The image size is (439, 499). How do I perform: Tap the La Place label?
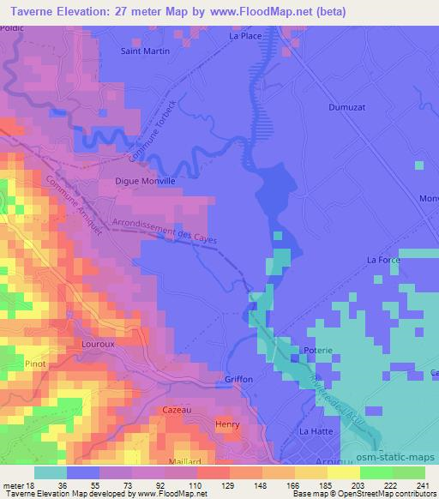point(244,37)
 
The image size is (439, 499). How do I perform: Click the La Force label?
point(383,259)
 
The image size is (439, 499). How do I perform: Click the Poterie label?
point(318,352)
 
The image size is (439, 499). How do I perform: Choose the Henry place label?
point(226,424)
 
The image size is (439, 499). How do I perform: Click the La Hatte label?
point(315,430)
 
